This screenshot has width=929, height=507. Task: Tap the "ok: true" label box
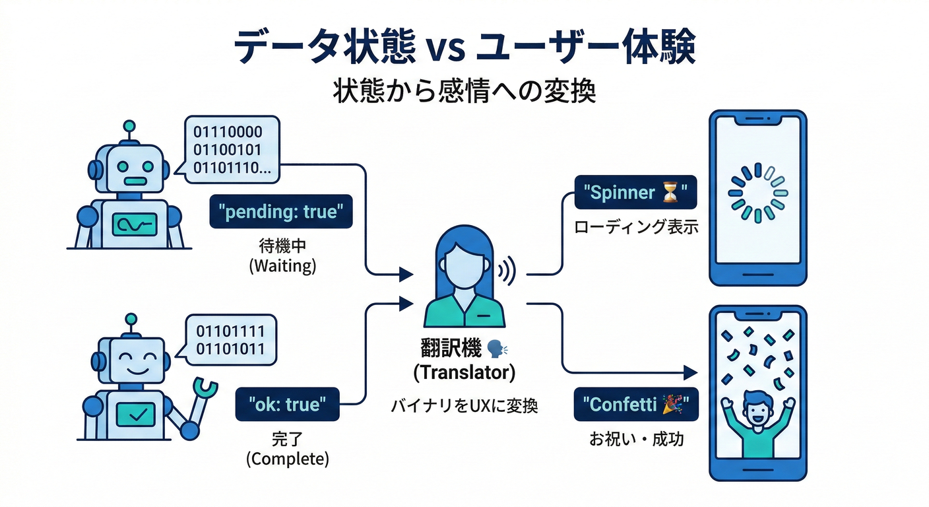pyautogui.click(x=288, y=404)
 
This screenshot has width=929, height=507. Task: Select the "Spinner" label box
pyautogui.click(x=635, y=193)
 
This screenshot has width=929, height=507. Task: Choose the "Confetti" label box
pyautogui.click(x=635, y=404)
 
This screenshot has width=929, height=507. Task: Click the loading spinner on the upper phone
pyautogui.click(x=757, y=193)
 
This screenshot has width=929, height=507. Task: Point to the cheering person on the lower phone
pyautogui.click(x=757, y=422)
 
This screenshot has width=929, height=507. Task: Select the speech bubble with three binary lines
pyautogui.click(x=231, y=150)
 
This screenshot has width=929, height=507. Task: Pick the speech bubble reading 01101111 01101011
pyautogui.click(x=231, y=340)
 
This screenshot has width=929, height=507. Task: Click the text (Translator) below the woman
pyautogui.click(x=464, y=372)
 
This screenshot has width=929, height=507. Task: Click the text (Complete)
pyautogui.click(x=287, y=459)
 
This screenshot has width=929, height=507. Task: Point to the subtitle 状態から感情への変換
pyautogui.click(x=464, y=90)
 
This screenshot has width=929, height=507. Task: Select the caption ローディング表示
pyautogui.click(x=635, y=228)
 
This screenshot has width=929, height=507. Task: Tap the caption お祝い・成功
pyautogui.click(x=635, y=438)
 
